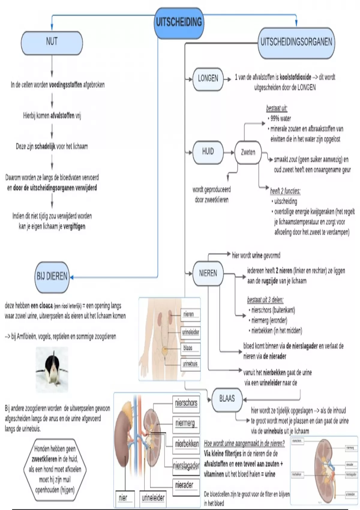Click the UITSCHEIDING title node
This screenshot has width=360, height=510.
click(179, 22)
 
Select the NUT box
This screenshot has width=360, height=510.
click(52, 42)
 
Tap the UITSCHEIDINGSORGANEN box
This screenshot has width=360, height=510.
click(296, 42)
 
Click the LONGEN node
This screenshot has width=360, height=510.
click(208, 79)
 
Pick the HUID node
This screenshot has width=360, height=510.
click(208, 152)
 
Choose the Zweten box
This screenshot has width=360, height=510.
click(248, 152)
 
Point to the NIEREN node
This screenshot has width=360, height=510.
click(208, 273)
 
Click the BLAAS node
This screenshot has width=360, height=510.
click(227, 399)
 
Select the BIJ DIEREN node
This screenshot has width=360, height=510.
click(52, 277)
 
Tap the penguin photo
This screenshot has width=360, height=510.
click(52, 370)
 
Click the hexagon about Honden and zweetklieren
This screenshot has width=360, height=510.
click(55, 469)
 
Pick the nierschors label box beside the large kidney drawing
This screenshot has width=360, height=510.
click(186, 403)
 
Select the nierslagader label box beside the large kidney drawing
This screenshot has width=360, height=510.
click(186, 466)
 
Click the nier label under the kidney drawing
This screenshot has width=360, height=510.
click(123, 498)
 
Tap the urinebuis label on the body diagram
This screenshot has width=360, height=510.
click(190, 364)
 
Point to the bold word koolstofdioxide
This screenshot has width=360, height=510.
click(295, 77)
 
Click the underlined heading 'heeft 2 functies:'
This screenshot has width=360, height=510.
click(285, 191)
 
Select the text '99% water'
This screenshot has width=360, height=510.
click(281, 118)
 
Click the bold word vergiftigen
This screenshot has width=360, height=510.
click(74, 226)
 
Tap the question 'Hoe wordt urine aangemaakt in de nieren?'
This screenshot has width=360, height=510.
click(244, 443)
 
